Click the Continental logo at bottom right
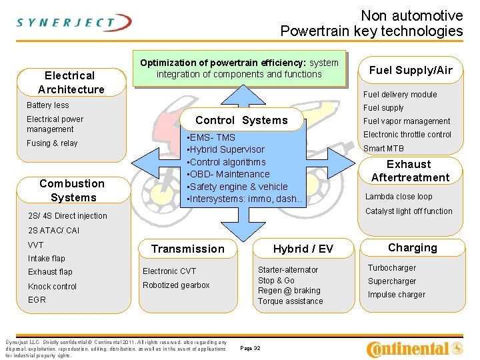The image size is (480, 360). point(415,348)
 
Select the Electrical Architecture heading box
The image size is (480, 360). point(71,82)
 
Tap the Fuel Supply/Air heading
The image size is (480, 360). point(411,70)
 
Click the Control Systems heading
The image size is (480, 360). point(241,120)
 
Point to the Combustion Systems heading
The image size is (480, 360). point(72,190)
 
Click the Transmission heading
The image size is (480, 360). point(188,249)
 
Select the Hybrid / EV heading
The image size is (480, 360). point(303,249)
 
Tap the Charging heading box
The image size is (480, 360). point(412,247)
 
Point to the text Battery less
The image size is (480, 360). point(47,105)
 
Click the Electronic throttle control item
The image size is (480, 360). point(407,135)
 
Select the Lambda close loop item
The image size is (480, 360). point(398,197)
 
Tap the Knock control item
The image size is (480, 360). point(53,287)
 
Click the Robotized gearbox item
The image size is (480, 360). point(176,285)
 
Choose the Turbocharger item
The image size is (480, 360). point(392,268)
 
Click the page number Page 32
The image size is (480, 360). point(250,348)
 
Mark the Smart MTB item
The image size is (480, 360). point(383,149)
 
